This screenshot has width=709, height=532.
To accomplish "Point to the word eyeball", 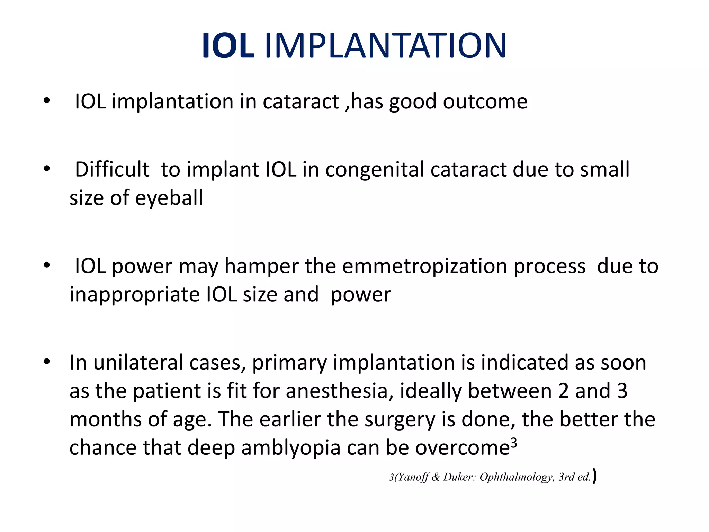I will pyautogui.click(x=169, y=198).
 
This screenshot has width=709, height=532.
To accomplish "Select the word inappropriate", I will pyautogui.click(x=135, y=295).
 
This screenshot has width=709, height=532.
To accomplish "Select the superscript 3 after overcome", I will pyautogui.click(x=514, y=443).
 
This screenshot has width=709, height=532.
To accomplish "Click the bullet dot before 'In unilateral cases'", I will pyautogui.click(x=47, y=362).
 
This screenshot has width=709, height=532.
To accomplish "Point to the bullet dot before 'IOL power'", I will pyautogui.click(x=47, y=265).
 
